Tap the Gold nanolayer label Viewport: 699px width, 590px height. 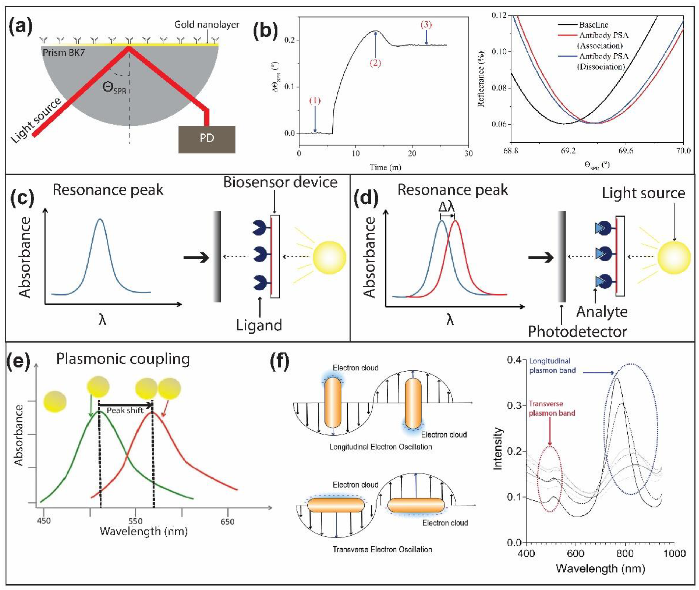pyautogui.click(x=207, y=24)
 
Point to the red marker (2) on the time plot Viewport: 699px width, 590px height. pyautogui.click(x=375, y=63)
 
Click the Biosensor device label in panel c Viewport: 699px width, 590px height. pyautogui.click(x=280, y=183)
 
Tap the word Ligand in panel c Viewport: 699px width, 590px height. pyautogui.click(x=259, y=325)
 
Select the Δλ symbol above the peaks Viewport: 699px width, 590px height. pyautogui.click(x=447, y=207)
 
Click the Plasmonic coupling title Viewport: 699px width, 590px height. pyautogui.click(x=123, y=359)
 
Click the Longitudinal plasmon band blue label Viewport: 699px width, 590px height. pyautogui.click(x=552, y=366)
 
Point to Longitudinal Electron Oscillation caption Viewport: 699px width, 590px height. pyautogui.click(x=381, y=447)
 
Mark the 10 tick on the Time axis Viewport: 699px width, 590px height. pyautogui.click(x=356, y=154)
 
